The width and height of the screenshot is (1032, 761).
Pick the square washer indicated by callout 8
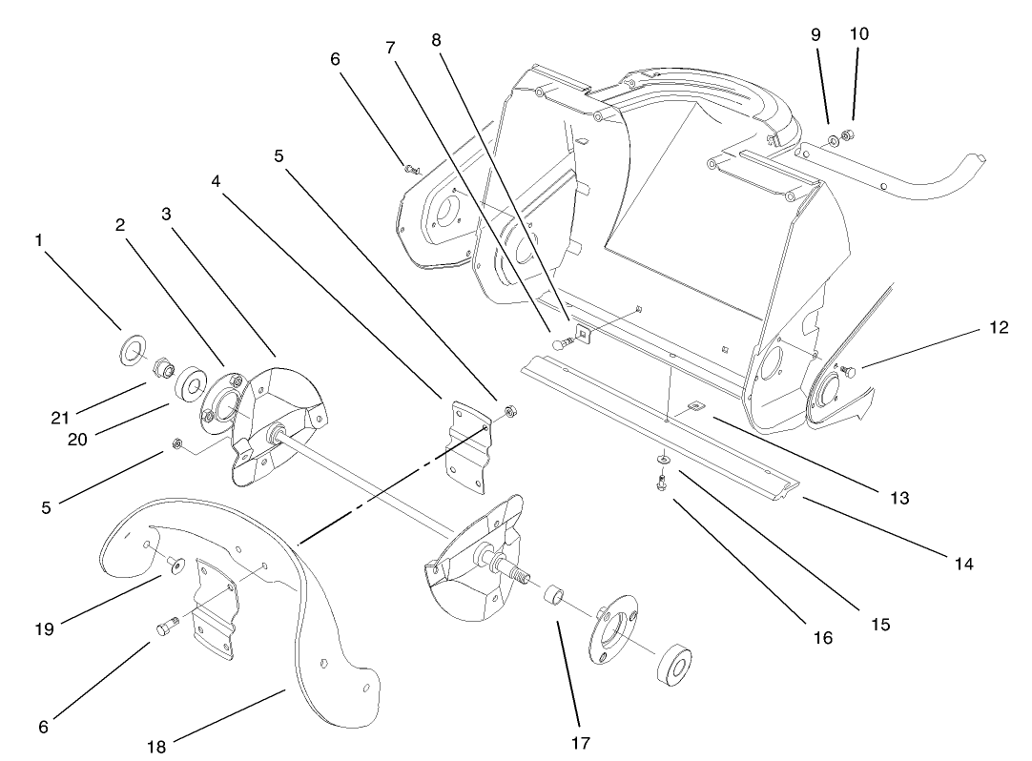click(x=583, y=333)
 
